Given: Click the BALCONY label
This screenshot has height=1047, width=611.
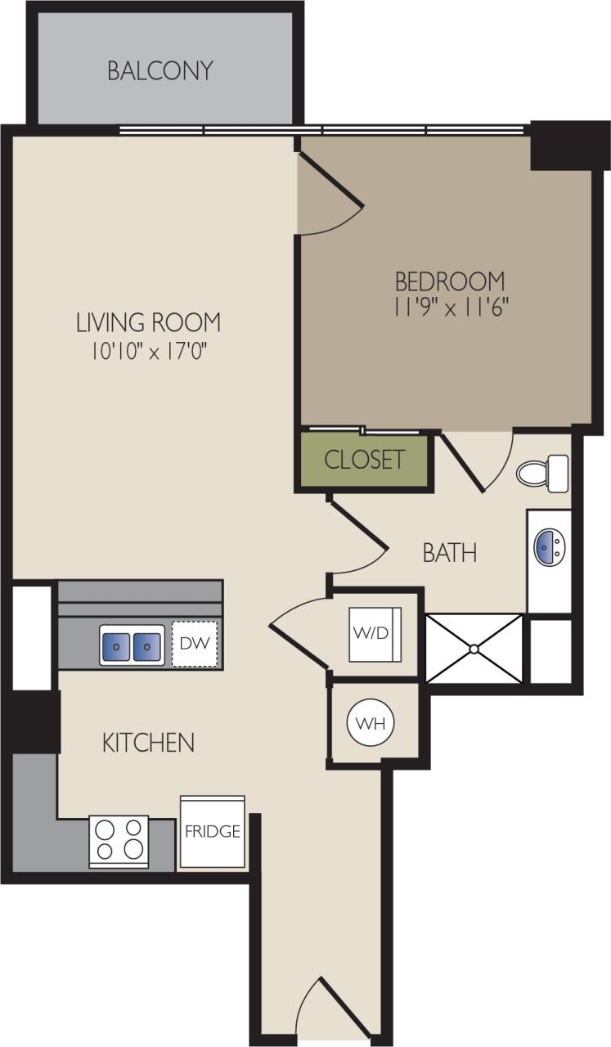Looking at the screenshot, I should pyautogui.click(x=160, y=70).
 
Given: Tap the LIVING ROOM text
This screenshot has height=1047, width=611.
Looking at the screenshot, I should pyautogui.click(x=148, y=322).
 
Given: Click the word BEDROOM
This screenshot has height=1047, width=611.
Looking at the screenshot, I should pyautogui.click(x=449, y=281).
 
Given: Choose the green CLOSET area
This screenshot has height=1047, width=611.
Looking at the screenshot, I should pyautogui.click(x=364, y=460).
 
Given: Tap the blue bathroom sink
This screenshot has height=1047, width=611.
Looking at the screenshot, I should pyautogui.click(x=549, y=546).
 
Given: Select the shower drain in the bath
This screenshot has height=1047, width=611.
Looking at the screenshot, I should pyautogui.click(x=474, y=648).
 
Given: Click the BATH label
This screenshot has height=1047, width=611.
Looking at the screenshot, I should pyautogui.click(x=449, y=554).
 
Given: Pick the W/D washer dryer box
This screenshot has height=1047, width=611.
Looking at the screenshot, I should pyautogui.click(x=373, y=634).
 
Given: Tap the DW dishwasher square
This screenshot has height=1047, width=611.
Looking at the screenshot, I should pyautogui.click(x=195, y=644).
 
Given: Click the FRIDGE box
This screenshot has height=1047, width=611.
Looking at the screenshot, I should pyautogui.click(x=212, y=832).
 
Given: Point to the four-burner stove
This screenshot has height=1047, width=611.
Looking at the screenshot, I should pyautogui.click(x=119, y=840).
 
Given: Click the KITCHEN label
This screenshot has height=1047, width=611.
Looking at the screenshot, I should pyautogui.click(x=148, y=743).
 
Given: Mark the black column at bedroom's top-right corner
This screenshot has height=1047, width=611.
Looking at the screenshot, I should pyautogui.click(x=560, y=146).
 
